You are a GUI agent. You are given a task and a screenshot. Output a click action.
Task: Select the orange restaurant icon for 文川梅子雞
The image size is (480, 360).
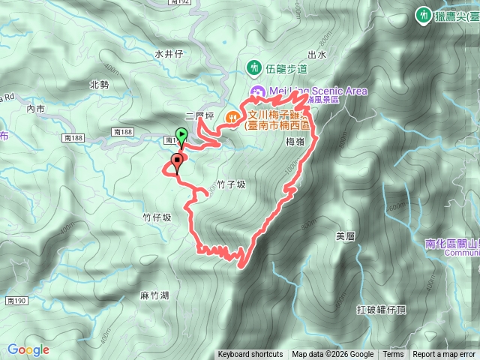[x=232, y=116]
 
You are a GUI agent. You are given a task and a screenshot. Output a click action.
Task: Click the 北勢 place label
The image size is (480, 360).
[x=99, y=85]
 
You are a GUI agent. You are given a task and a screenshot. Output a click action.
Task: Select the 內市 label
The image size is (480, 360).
[x=35, y=109]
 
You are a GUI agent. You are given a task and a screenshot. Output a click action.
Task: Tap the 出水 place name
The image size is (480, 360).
[x=316, y=55]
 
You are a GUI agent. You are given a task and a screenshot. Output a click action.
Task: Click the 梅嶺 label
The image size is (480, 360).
[x=294, y=140]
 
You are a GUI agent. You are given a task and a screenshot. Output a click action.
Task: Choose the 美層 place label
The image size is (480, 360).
[x=345, y=236]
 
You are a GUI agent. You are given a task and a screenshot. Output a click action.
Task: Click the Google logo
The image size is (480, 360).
[x=28, y=349]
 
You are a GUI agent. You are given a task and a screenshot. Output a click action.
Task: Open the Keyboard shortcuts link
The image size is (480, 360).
[x=250, y=355]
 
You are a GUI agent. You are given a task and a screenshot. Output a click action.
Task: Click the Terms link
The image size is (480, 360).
[x=393, y=355]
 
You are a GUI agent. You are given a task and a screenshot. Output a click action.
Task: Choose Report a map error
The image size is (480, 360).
[x=445, y=355]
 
